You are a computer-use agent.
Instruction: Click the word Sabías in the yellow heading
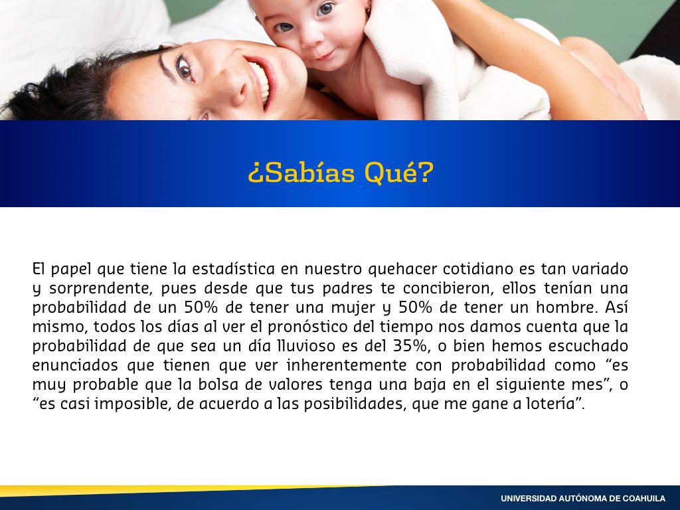(307, 173)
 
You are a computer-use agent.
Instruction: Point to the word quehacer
(402, 270)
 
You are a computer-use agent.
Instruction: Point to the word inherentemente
(346, 365)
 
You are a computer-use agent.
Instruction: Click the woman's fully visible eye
(184, 68)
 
